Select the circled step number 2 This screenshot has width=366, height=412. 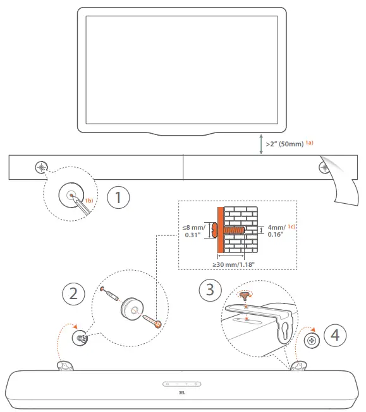[x=73, y=293]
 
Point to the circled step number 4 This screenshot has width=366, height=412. [x=335, y=334]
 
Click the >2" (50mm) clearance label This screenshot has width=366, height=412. [x=285, y=144]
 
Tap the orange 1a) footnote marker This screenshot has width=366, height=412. [x=310, y=143]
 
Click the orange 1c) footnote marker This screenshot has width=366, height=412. [x=291, y=226]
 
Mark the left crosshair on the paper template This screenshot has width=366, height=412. [x=41, y=168]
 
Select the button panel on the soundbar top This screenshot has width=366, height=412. [x=182, y=383]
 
